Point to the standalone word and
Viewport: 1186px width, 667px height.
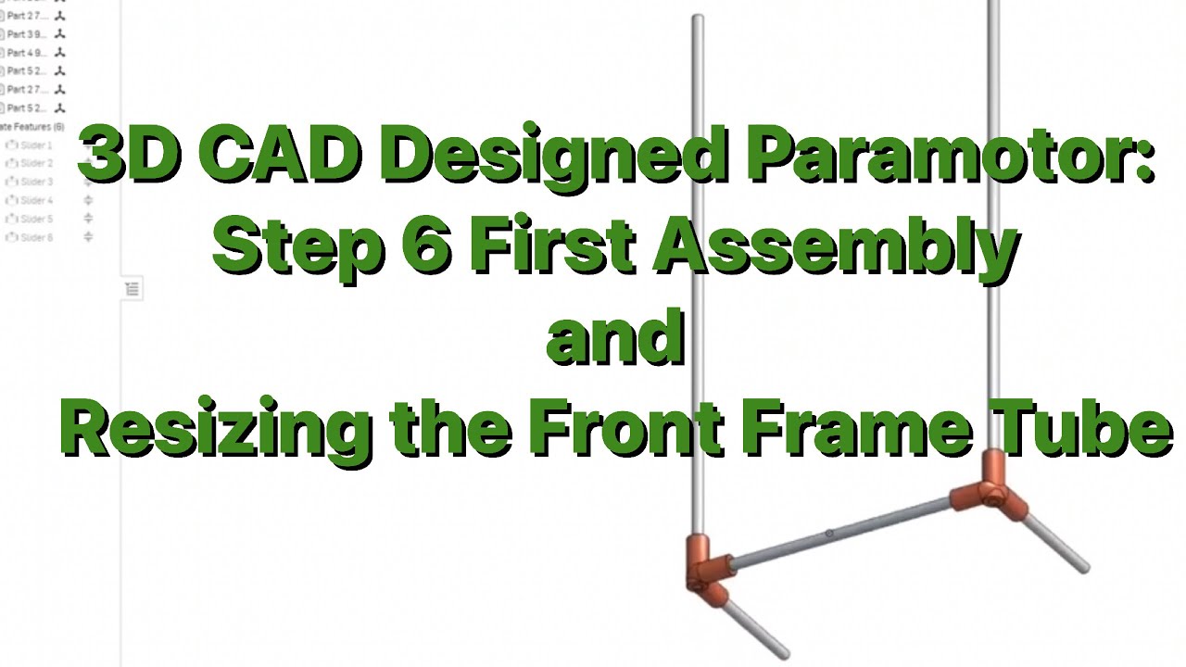615,337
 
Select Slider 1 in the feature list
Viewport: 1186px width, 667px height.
36,145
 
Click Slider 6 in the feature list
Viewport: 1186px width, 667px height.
36,238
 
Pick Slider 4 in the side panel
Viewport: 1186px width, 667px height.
36,201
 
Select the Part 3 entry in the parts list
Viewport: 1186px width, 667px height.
26,34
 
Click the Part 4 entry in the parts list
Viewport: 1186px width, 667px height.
26,53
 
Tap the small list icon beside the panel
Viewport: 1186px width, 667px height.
132,290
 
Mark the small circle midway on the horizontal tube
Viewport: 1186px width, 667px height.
829,534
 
